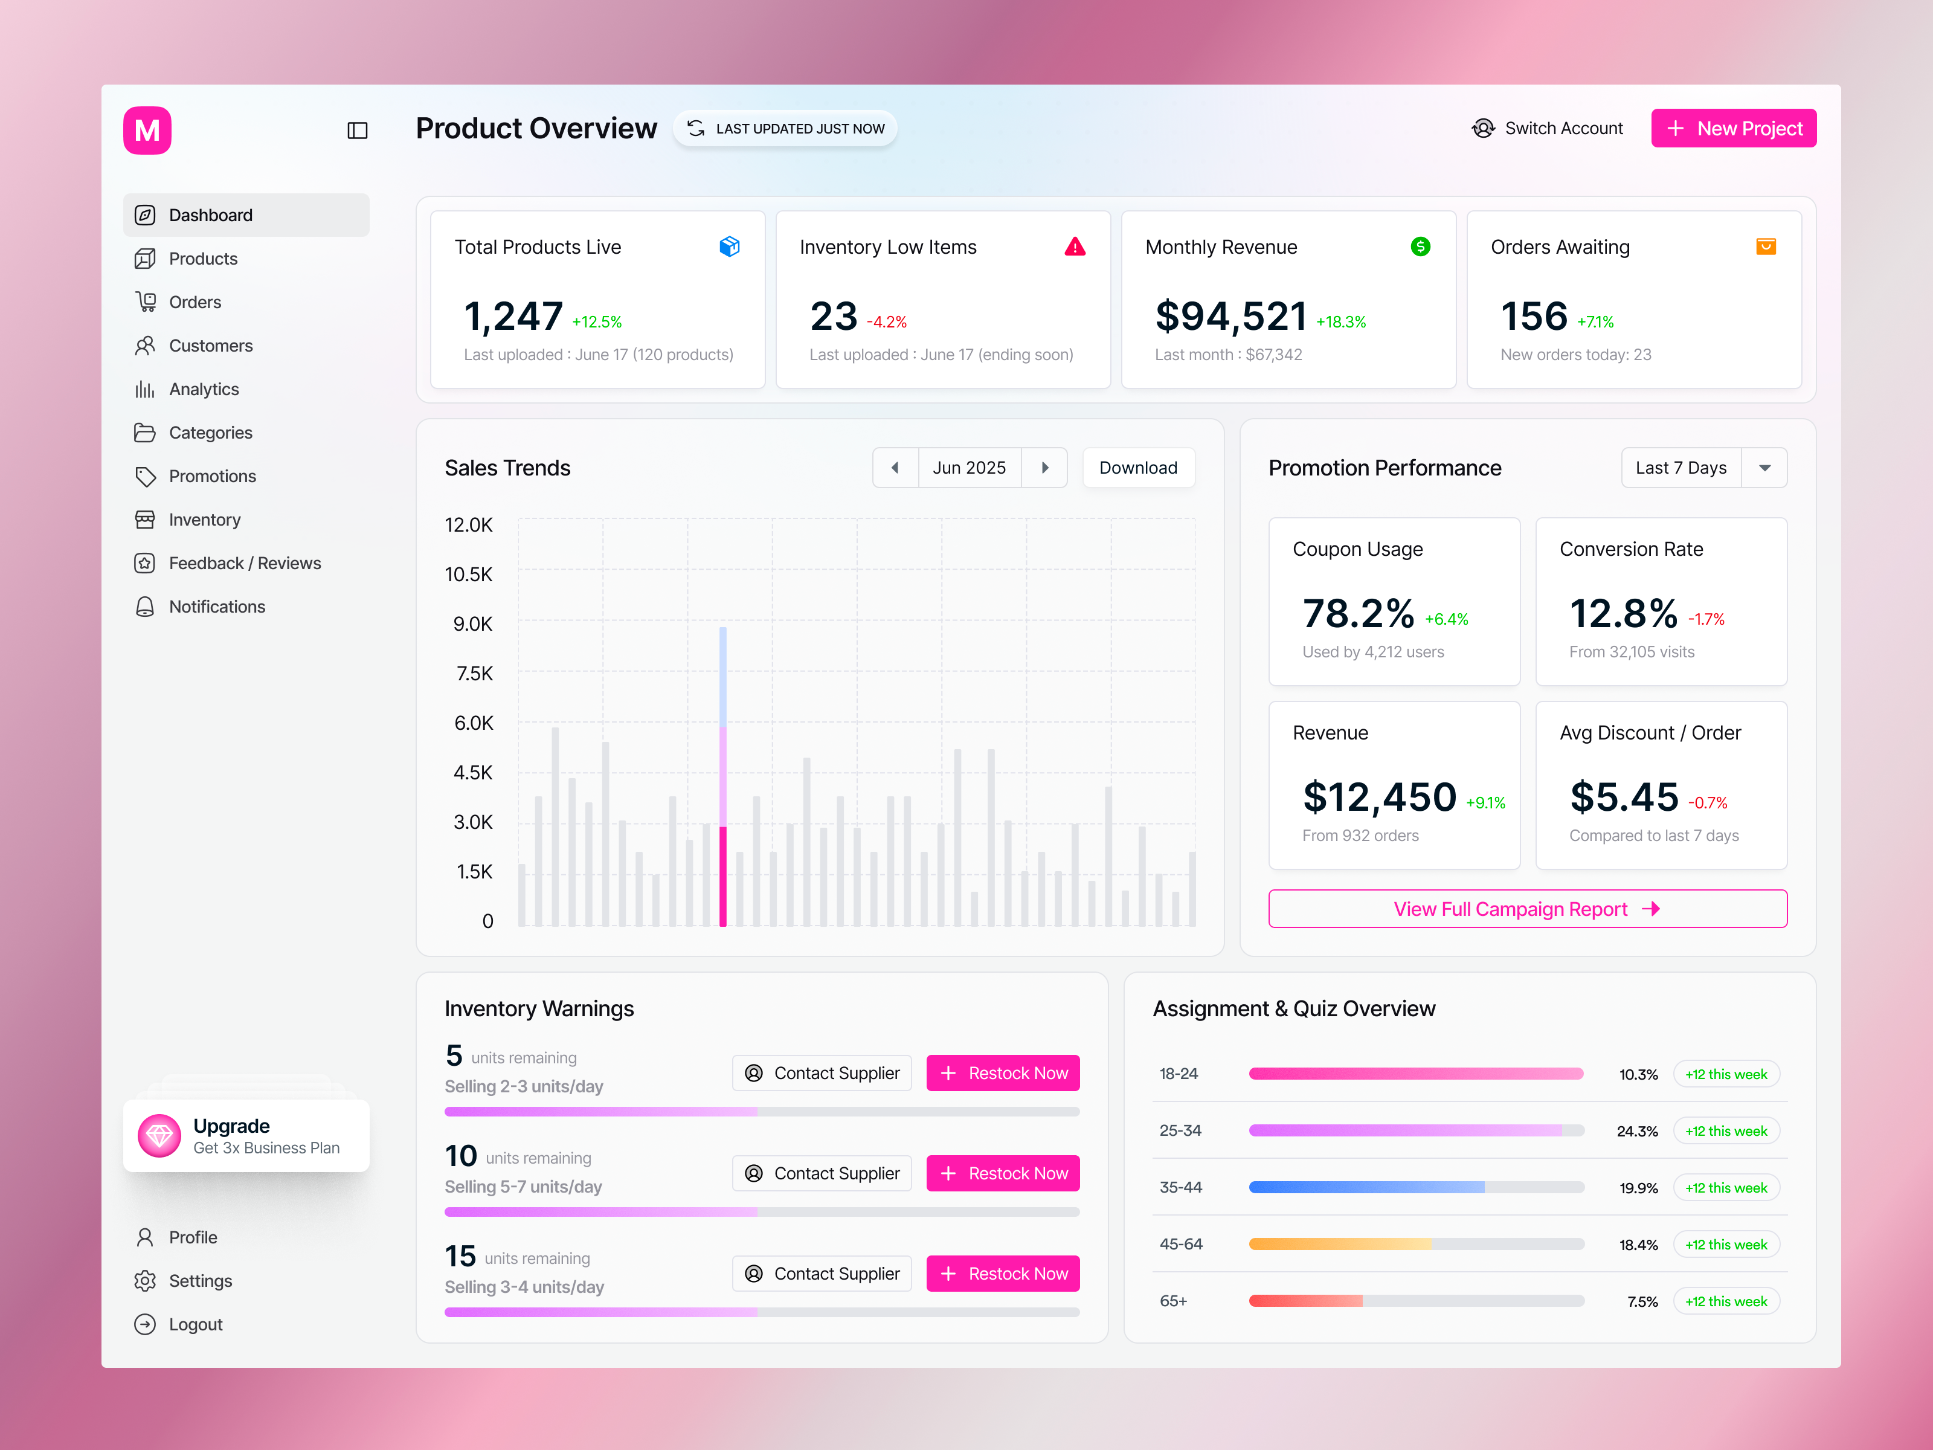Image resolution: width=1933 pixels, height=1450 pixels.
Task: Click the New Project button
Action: pos(1733,129)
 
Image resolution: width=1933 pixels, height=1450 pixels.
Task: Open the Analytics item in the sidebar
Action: pos(203,389)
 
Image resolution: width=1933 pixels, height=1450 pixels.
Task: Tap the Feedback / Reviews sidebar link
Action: pos(244,563)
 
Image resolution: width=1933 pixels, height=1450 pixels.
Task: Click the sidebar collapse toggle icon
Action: pos(358,131)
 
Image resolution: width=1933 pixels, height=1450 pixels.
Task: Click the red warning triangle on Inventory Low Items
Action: pos(1075,247)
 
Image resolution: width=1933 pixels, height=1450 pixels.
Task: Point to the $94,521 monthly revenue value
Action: pos(1230,317)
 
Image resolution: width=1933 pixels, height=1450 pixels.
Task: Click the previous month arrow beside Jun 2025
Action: pos(895,468)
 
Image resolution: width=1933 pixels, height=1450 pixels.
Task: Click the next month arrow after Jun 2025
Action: pos(1044,468)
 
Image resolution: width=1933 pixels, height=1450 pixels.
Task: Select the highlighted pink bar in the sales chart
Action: pos(722,874)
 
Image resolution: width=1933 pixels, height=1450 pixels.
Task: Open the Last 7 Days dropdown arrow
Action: pos(1764,468)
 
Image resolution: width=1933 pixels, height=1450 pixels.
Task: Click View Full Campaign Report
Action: pos(1526,909)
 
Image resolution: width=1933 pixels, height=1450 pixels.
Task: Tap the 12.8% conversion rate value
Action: pos(1623,614)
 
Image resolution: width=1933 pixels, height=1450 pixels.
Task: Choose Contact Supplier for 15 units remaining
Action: pos(822,1274)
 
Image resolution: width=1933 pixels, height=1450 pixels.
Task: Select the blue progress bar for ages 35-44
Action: pos(1366,1187)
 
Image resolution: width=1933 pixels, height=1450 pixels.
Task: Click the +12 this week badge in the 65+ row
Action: pos(1725,1301)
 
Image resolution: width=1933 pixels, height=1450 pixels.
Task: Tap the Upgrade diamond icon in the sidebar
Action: pos(159,1135)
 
